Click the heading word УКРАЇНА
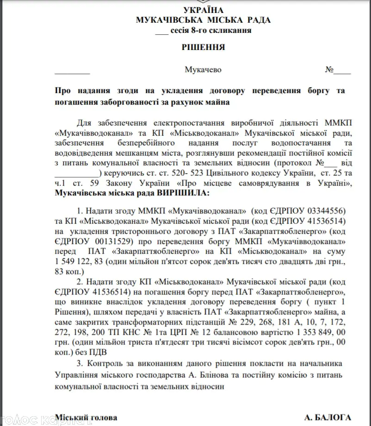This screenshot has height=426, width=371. (204, 10)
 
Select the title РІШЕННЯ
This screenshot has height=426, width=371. (203, 47)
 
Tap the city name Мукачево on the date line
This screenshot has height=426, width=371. (203, 70)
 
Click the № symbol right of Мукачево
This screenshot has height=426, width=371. (329, 70)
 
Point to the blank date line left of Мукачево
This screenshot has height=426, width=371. (72, 71)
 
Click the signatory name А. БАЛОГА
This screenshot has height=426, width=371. (328, 417)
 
